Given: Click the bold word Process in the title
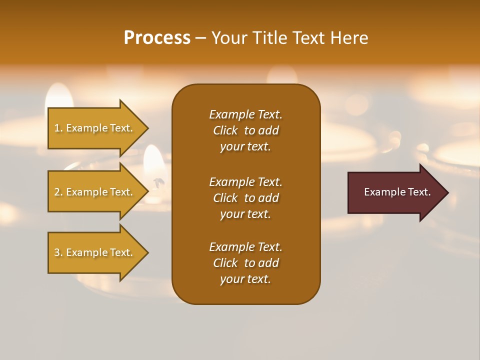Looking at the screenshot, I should tap(157, 38).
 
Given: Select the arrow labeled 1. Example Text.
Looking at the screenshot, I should tap(95, 128).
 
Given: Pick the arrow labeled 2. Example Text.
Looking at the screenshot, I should tap(95, 192).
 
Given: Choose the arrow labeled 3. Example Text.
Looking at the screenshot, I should tap(95, 252).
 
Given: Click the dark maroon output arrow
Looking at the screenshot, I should tap(395, 192).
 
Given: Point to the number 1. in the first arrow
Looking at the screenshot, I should tap(58, 128).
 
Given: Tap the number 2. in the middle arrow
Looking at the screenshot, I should tap(58, 192).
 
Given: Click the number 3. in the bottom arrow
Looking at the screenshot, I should tap(58, 252).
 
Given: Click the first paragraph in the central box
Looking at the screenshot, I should tap(245, 130).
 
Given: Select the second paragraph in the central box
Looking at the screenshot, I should tap(245, 198).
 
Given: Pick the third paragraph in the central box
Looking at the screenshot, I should tap(245, 263).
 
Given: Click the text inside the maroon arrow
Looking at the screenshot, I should tap(397, 192).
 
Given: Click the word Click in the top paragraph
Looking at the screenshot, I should tap(225, 130).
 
